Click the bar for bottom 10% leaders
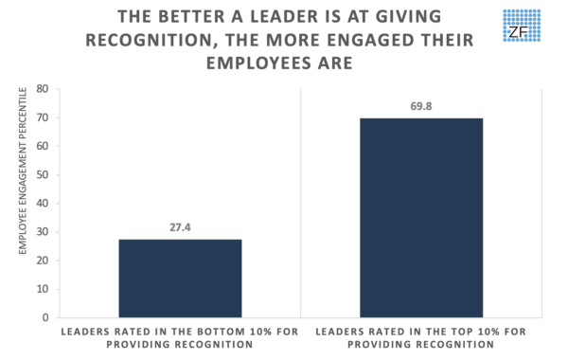coord(180,279)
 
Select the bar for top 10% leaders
coord(421,218)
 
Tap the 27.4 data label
coord(180,228)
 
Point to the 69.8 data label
coord(421,107)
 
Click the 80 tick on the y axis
coord(43,89)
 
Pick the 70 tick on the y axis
coord(43,117)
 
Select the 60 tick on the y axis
coord(43,146)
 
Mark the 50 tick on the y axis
coord(43,174)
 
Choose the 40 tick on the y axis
coord(43,204)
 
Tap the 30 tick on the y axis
coord(43,232)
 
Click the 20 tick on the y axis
coord(43,261)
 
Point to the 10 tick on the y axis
coord(43,289)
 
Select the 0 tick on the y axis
coord(45,317)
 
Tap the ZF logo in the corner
coord(524,30)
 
